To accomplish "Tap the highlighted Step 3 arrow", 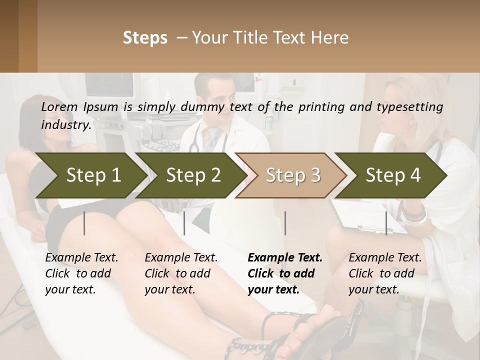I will pos(293,175).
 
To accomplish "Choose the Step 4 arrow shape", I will pos(393,175).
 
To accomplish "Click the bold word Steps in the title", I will pos(145,38).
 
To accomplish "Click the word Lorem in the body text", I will pos(58,106).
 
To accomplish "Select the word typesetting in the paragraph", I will pos(406,106).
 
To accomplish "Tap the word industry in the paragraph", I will pos(66,125).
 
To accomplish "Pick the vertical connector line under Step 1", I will pos(84,223).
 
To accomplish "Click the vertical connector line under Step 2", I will pos(184,223).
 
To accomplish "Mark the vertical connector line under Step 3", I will pos(285,223).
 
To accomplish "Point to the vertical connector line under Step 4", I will pos(386,223).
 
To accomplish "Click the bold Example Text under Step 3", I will pos(285,258).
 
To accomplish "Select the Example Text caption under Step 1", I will pos(81,258).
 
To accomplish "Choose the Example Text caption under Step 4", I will pos(385,258).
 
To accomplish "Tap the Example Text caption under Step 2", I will pos(181,258).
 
